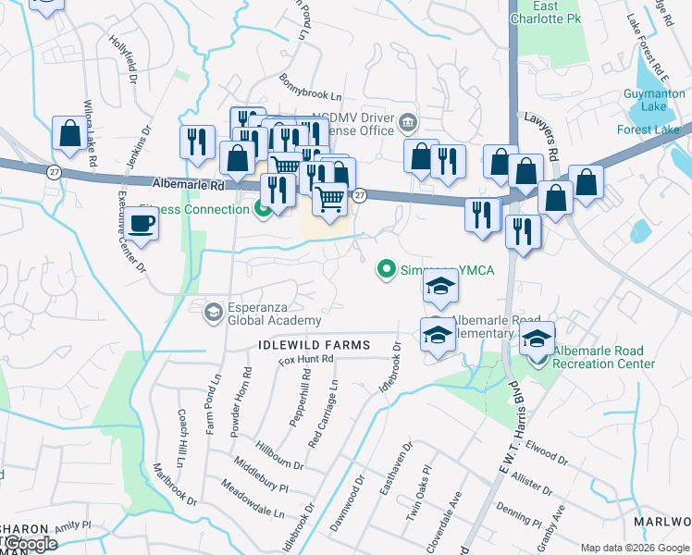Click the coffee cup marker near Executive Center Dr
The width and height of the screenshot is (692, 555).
coord(141,223)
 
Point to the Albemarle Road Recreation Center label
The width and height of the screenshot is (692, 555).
coord(603,357)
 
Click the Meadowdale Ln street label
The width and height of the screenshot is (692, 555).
coord(252,499)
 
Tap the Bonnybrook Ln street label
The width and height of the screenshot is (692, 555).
coord(311,88)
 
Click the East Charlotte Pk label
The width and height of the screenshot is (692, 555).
coord(546,12)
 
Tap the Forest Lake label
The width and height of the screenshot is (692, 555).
coord(648,129)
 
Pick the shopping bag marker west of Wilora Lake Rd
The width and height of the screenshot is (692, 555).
coord(68,135)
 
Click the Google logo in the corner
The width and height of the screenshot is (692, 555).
coord(31,544)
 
